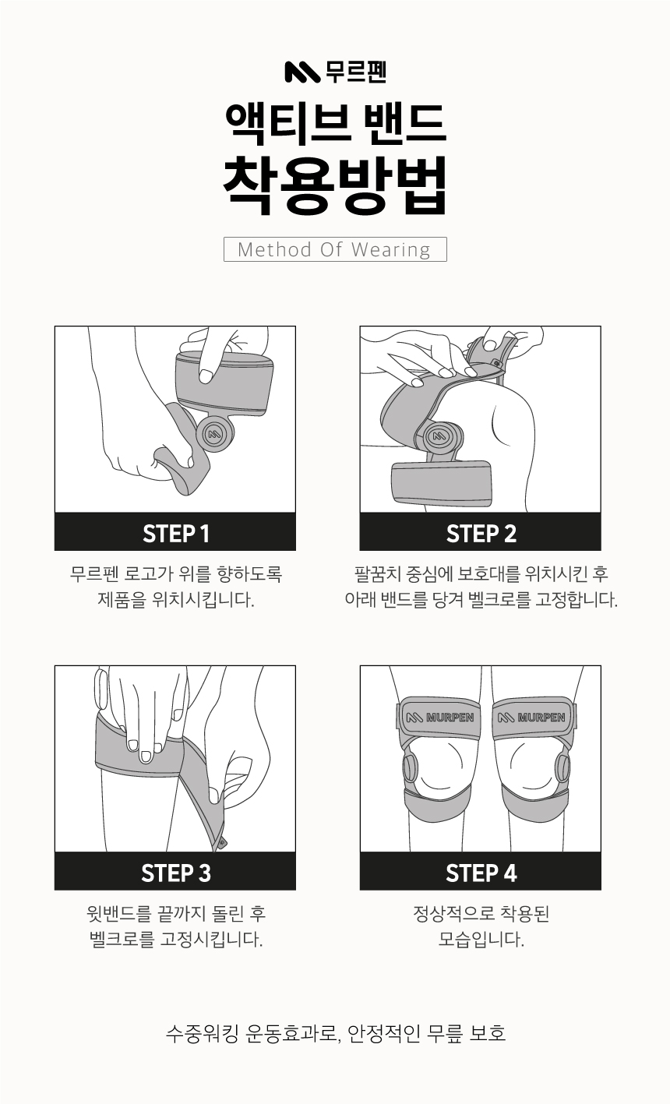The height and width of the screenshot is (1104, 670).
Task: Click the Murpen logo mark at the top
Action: [x=302, y=72]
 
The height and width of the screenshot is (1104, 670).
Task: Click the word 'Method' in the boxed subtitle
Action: [x=274, y=249]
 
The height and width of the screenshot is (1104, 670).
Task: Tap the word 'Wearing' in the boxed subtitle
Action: [x=391, y=250]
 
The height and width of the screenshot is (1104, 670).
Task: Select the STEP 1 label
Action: [x=176, y=534]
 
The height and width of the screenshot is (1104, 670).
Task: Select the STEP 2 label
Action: [x=481, y=534]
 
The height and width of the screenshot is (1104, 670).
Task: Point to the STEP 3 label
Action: [x=176, y=873]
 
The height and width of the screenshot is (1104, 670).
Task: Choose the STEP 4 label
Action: [x=481, y=873]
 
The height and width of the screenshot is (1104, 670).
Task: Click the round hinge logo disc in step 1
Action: [x=216, y=434]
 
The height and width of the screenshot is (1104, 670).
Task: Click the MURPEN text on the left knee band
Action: [x=449, y=718]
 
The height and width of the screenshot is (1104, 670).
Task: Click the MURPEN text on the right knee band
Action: [x=541, y=718]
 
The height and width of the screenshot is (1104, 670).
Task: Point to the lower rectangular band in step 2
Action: [x=442, y=484]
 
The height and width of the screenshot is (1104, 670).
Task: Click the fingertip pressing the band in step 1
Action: [x=206, y=377]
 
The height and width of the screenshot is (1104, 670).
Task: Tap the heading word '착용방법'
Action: [x=335, y=185]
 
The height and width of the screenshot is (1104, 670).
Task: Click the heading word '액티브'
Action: [x=287, y=123]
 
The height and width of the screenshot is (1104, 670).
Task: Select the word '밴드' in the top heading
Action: [x=404, y=123]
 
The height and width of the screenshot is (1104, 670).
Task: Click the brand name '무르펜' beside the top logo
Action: [x=355, y=72]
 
